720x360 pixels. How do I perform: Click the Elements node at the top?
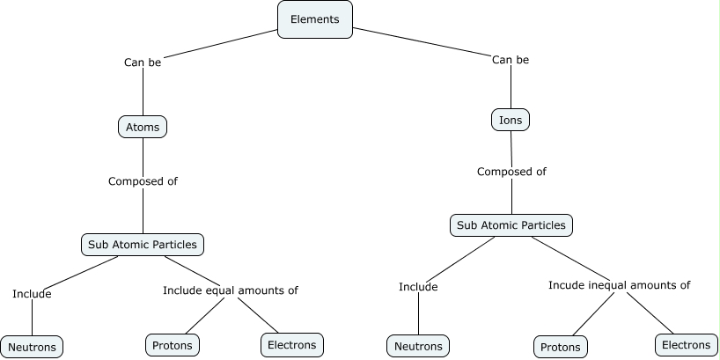coord(315,19)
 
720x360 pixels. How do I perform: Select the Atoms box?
coord(143,127)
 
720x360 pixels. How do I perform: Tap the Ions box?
coord(511,119)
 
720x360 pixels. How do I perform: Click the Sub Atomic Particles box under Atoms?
coord(143,244)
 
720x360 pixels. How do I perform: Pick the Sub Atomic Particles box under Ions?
coord(511,225)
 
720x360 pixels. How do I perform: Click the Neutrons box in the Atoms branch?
coord(32,347)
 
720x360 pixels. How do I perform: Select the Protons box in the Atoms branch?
coord(173,346)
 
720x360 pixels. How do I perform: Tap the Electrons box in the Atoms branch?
coord(292,345)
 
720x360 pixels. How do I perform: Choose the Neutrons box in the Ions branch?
coord(418,346)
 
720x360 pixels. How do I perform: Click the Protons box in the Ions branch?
coord(560,347)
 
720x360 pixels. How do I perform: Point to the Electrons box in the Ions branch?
coord(686,345)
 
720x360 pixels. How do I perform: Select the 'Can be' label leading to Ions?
coord(511,60)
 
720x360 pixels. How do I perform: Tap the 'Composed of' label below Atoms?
coord(143,181)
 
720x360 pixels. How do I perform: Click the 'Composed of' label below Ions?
coord(511,172)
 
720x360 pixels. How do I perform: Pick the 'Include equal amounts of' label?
coord(231,290)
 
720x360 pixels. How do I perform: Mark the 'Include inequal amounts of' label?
coord(619,285)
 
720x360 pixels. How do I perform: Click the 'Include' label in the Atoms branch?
coord(32,294)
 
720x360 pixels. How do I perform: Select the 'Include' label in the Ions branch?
coord(418,286)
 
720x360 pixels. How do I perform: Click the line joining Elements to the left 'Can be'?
coord(220,43)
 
